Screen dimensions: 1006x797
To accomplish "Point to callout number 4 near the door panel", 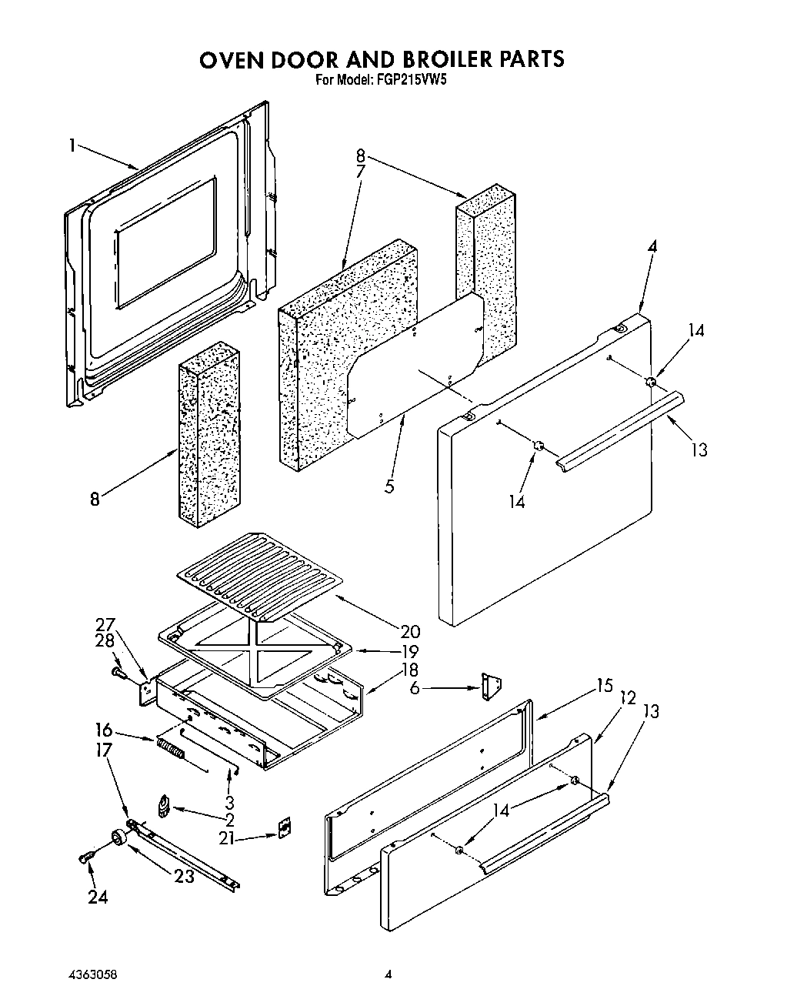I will (652, 247).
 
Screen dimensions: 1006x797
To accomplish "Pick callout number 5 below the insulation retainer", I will (390, 486).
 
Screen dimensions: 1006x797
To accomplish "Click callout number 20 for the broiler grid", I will (410, 631).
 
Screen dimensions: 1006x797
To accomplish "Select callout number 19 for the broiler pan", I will (409, 651).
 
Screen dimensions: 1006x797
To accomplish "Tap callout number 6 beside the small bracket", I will (415, 687).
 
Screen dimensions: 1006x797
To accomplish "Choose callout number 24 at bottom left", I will (98, 896).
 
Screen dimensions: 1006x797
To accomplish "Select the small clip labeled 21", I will (284, 827).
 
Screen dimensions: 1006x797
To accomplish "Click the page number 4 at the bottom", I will (388, 974).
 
